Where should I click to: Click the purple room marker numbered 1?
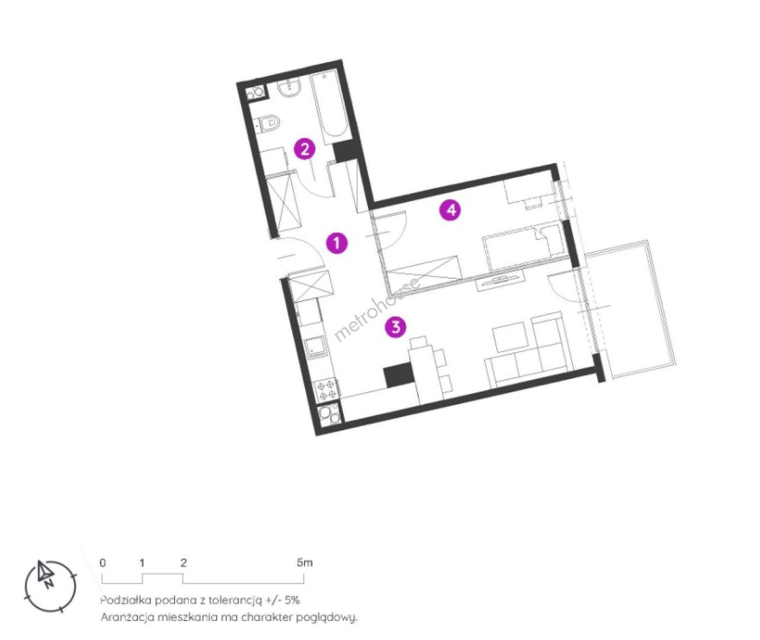pyautogui.click(x=336, y=243)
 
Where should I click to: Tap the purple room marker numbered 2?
pyautogui.click(x=305, y=149)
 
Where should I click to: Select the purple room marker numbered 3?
pyautogui.click(x=396, y=327)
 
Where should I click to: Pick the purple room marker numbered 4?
pyautogui.click(x=451, y=210)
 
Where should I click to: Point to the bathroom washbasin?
pyautogui.click(x=289, y=88)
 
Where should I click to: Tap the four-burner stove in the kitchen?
pyautogui.click(x=326, y=389)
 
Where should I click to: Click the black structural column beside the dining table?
pyautogui.click(x=399, y=375)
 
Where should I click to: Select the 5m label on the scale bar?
pyautogui.click(x=304, y=562)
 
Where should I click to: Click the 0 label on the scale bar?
pyautogui.click(x=103, y=563)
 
